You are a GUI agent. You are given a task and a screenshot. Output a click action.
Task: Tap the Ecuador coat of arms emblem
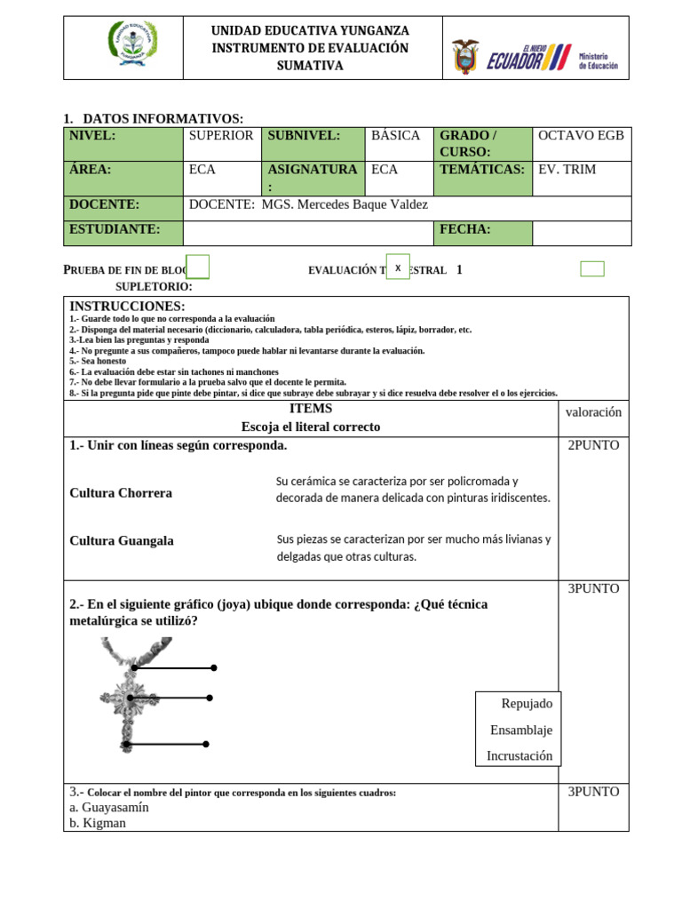(464, 56)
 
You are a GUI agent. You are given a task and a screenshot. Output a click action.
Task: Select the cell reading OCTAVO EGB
(581, 136)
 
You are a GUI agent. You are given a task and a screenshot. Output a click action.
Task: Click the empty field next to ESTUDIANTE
(307, 232)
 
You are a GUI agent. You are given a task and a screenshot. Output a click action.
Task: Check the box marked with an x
(398, 267)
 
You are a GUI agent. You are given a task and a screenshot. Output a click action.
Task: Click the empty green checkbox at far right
(592, 268)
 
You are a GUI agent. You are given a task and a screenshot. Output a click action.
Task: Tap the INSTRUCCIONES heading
(127, 307)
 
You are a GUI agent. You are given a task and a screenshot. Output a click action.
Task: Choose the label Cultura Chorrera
(121, 492)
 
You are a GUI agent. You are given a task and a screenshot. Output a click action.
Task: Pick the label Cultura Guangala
(122, 540)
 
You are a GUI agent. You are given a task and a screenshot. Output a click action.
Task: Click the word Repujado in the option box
(527, 703)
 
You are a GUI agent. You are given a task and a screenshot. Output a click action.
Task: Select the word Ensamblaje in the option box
(521, 730)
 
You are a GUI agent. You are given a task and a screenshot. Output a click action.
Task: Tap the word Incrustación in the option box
(519, 755)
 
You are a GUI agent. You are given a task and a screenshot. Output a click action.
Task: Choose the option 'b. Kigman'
(98, 823)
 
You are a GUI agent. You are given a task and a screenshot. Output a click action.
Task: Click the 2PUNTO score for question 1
(593, 445)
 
